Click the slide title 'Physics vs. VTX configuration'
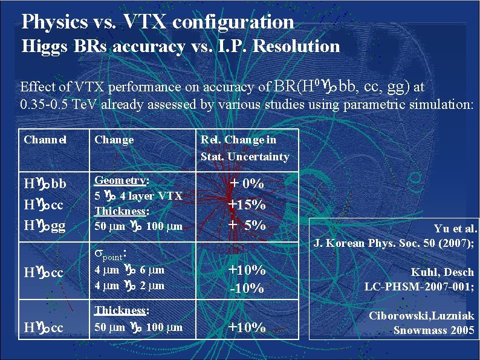[x=157, y=22]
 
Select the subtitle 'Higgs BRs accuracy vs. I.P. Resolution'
[x=181, y=46]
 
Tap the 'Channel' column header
[x=45, y=140]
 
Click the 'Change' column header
[x=114, y=140]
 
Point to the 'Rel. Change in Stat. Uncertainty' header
[x=245, y=148]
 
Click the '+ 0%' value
[x=246, y=183]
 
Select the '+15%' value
[x=246, y=205]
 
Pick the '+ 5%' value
[x=246, y=225]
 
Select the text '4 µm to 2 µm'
[x=129, y=285]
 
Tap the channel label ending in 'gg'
[x=45, y=225]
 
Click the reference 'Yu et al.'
[x=455, y=229]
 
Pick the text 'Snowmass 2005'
[x=433, y=330]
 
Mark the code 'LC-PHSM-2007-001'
[x=418, y=286]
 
